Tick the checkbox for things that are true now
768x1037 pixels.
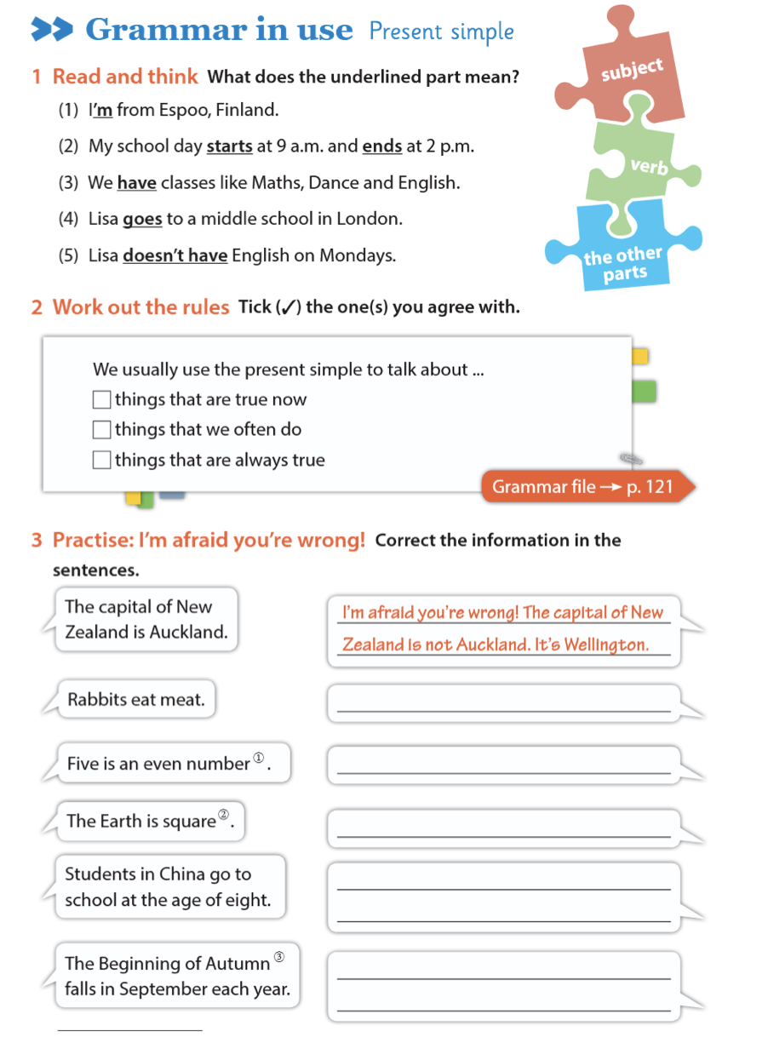(x=101, y=399)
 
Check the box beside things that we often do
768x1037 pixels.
(x=101, y=429)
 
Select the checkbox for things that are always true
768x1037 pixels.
(x=101, y=460)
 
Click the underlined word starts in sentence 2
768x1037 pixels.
(x=229, y=146)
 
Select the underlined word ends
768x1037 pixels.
(x=381, y=146)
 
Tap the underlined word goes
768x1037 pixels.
(x=142, y=219)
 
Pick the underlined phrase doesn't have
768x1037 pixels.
(x=175, y=255)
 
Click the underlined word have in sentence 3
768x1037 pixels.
(x=136, y=182)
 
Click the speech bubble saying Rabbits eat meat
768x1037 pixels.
(x=136, y=700)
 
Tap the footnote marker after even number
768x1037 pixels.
(x=260, y=759)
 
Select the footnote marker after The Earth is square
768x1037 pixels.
(x=224, y=816)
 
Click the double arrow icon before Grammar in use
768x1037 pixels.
(x=53, y=31)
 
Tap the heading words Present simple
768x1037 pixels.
(x=441, y=32)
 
